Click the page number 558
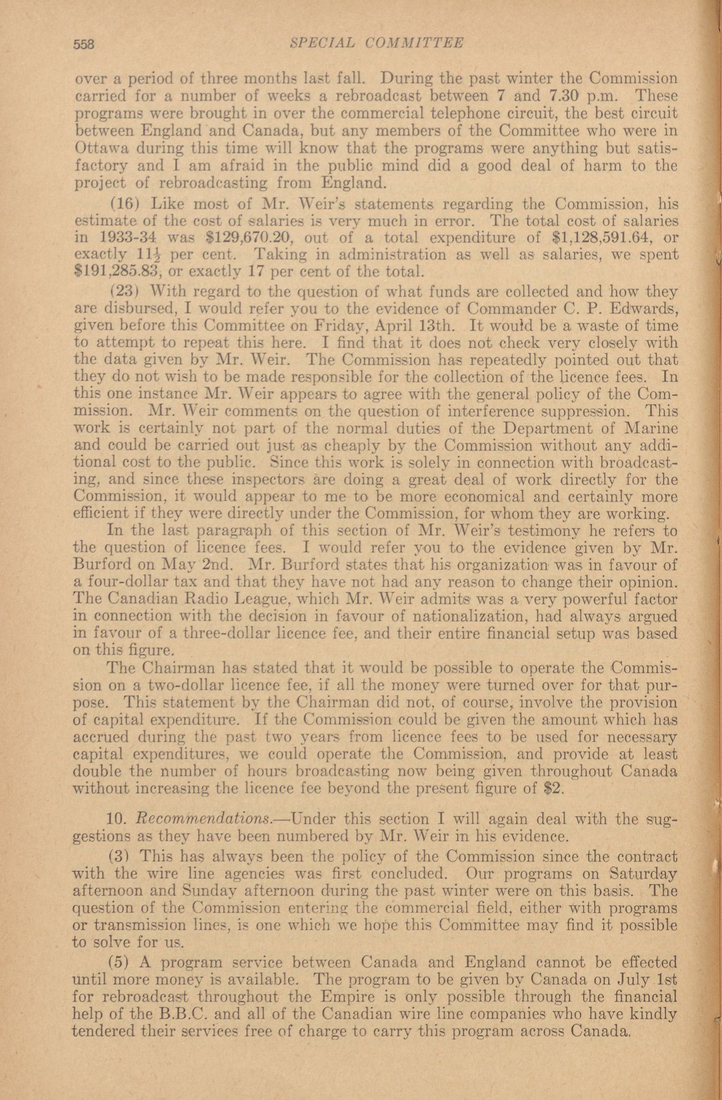pyautogui.click(x=83, y=43)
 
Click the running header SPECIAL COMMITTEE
pyautogui.click(x=376, y=43)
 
